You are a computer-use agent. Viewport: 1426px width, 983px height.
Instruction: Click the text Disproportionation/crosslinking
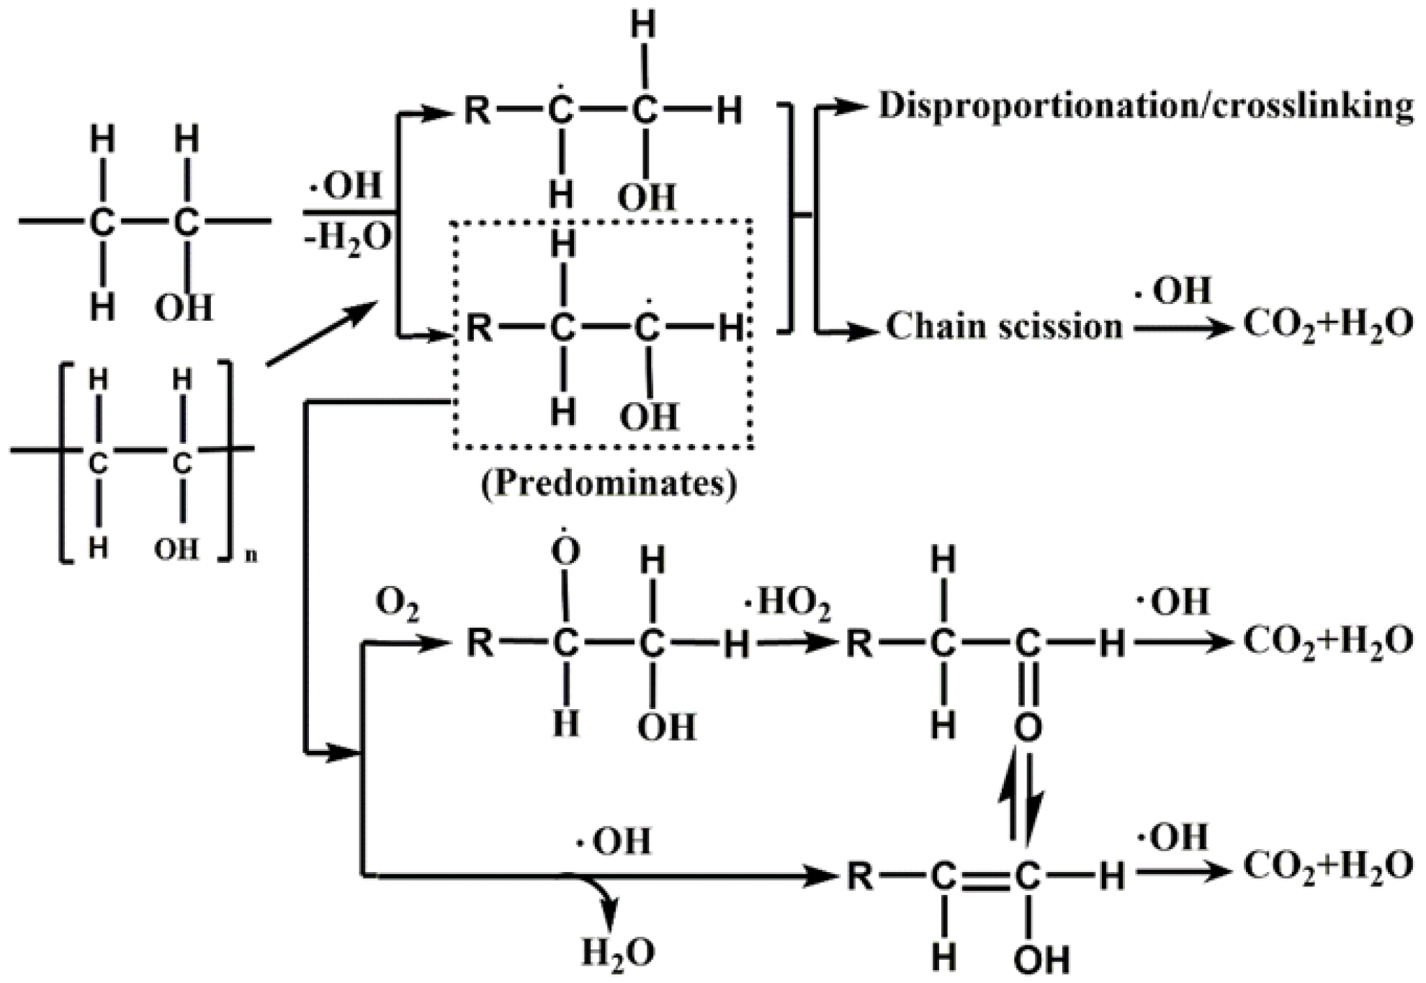1145,107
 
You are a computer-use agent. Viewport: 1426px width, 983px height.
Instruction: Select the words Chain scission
1004,326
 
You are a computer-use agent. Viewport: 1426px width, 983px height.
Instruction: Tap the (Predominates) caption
609,484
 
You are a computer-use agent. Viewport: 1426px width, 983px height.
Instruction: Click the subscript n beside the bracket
251,555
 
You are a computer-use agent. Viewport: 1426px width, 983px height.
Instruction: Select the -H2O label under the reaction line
348,237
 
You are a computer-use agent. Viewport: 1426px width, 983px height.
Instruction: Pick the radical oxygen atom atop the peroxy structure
565,551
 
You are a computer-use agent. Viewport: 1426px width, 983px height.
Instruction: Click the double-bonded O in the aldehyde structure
1028,727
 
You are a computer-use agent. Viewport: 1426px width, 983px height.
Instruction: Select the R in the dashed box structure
480,329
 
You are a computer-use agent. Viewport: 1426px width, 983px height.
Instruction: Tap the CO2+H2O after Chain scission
1328,325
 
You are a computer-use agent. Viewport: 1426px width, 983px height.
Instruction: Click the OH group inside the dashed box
649,417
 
